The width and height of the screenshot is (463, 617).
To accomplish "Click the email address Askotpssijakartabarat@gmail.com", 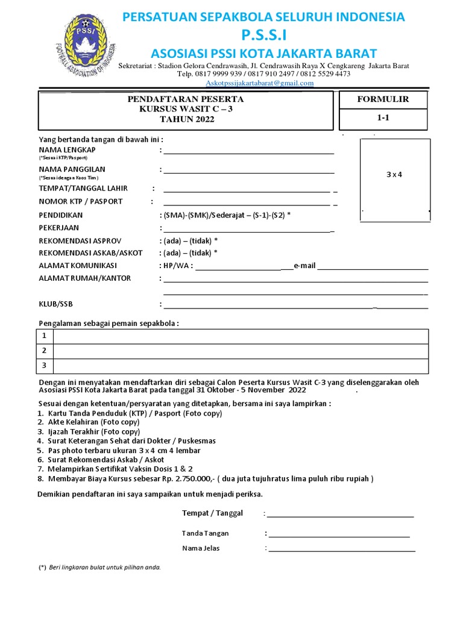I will click(x=259, y=83).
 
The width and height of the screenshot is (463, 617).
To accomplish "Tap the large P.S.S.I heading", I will click(x=264, y=35).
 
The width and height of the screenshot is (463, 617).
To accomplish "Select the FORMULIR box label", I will click(x=383, y=99).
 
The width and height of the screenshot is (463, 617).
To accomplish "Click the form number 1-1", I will click(x=383, y=119).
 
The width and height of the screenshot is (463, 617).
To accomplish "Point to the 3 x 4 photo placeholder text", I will click(x=394, y=174).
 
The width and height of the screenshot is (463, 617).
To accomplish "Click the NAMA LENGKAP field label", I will click(x=67, y=149).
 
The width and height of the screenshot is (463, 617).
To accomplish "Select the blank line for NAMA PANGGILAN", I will click(x=248, y=173).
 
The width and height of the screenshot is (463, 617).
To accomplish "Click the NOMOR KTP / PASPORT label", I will click(x=81, y=201).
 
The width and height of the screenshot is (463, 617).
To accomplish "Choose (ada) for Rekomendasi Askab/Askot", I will click(x=171, y=253).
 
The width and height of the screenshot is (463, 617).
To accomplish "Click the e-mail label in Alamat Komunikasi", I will click(x=304, y=266).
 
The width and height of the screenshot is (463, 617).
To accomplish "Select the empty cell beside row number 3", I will click(x=241, y=365).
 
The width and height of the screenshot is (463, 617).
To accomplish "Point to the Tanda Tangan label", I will click(x=206, y=533).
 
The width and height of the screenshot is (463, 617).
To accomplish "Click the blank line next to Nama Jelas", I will click(x=341, y=550).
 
